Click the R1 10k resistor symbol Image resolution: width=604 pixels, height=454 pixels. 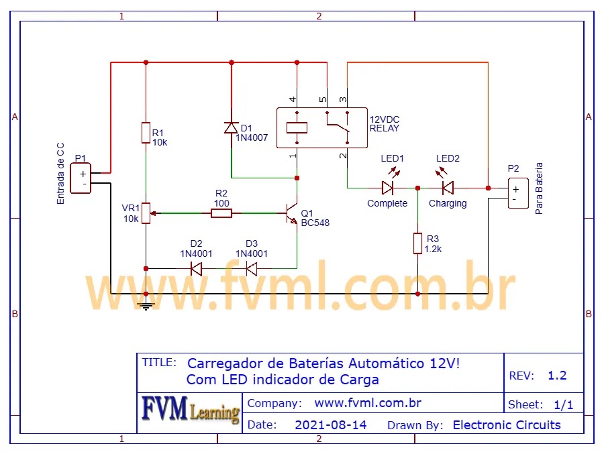[146, 133]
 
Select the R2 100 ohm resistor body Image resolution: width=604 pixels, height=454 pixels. [221, 213]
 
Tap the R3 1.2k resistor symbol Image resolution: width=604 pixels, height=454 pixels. [417, 243]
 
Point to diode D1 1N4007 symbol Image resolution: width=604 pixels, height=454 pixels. [231, 127]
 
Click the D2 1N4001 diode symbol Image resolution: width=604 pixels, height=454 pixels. [196, 269]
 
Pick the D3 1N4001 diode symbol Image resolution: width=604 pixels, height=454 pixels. [252, 269]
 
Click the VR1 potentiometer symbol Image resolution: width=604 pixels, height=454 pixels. [146, 214]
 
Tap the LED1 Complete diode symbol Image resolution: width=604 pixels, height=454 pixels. [389, 188]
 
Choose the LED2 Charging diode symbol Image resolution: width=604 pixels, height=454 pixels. [447, 188]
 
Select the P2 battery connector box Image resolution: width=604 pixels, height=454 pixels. [517, 194]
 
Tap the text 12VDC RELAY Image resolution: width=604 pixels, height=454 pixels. [384, 123]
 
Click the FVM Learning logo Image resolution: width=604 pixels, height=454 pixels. [190, 410]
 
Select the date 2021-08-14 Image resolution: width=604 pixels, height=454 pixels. [330, 424]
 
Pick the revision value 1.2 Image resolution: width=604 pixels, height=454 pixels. [557, 376]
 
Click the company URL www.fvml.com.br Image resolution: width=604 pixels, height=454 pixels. [368, 403]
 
